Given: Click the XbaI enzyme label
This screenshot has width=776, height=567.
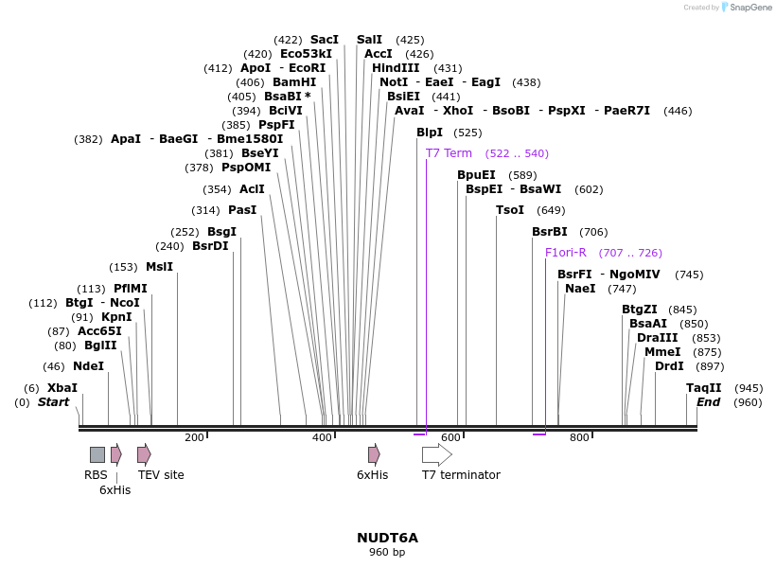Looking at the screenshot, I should (62, 388).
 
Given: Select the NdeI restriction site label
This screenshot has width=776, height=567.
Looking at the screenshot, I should (88, 366).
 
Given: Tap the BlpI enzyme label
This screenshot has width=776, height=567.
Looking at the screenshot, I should (430, 133).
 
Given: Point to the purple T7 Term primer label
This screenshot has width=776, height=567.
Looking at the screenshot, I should (449, 153).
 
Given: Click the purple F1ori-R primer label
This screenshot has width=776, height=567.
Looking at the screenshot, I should (566, 253).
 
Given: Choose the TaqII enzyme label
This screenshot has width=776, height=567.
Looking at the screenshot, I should (704, 388).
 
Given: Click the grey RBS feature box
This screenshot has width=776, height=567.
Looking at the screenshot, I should (97, 454).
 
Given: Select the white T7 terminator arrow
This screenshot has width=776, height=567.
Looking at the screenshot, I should (436, 454).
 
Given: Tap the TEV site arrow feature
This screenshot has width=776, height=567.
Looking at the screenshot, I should (144, 454).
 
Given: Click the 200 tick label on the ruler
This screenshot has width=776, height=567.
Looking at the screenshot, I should (194, 437).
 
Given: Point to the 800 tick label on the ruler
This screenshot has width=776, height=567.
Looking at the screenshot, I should (579, 437).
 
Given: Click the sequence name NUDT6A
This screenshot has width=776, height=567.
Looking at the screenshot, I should (387, 538).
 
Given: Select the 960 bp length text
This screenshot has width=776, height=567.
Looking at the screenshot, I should (387, 552).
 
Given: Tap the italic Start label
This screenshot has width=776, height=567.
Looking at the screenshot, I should (53, 402).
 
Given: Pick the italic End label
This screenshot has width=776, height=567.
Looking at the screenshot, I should (708, 402).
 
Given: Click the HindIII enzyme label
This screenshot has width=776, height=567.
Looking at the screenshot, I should (396, 68).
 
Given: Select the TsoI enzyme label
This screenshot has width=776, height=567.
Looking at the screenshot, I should (510, 210).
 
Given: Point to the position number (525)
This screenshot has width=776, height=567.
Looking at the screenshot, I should (467, 133).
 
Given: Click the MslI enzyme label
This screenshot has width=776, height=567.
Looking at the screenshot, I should (159, 267).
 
